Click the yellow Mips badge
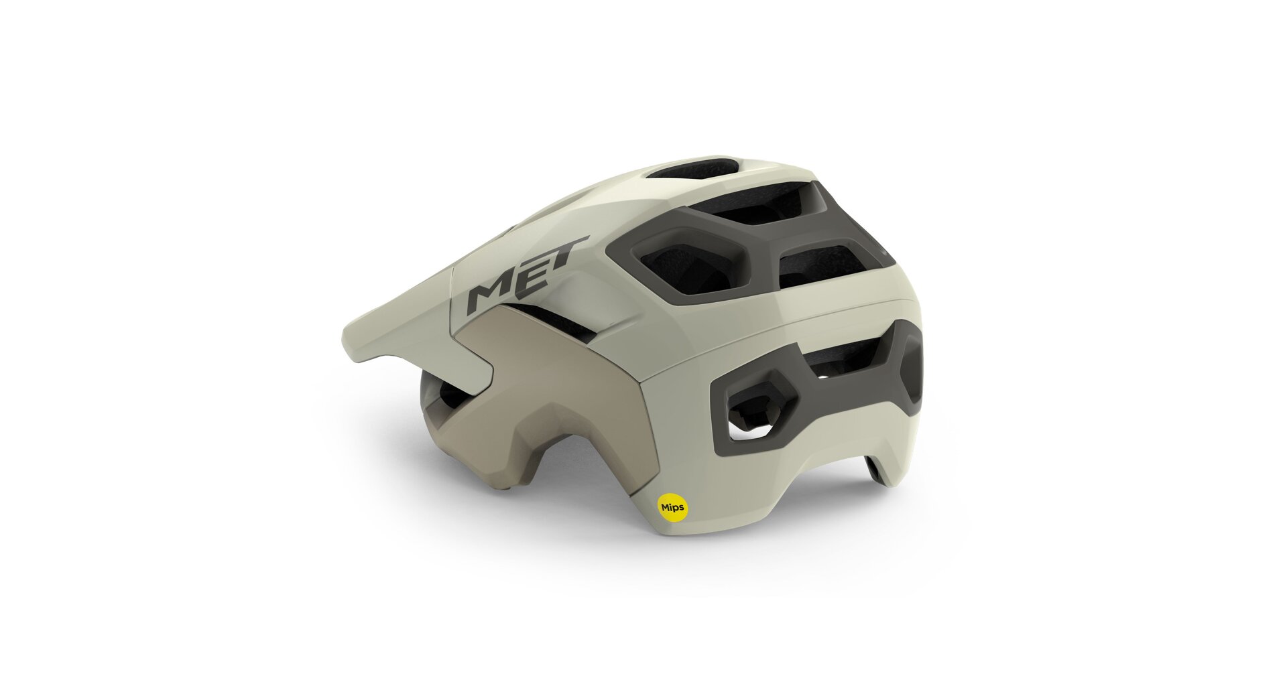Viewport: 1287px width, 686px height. click(672, 508)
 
